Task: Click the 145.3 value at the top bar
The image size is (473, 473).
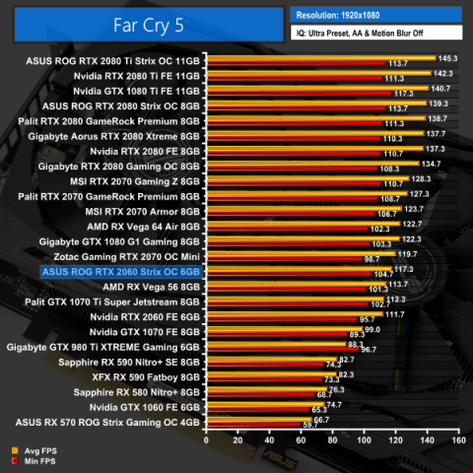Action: [447, 58]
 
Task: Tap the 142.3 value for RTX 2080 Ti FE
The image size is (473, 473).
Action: [443, 74]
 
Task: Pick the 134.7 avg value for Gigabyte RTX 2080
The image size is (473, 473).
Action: [431, 164]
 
